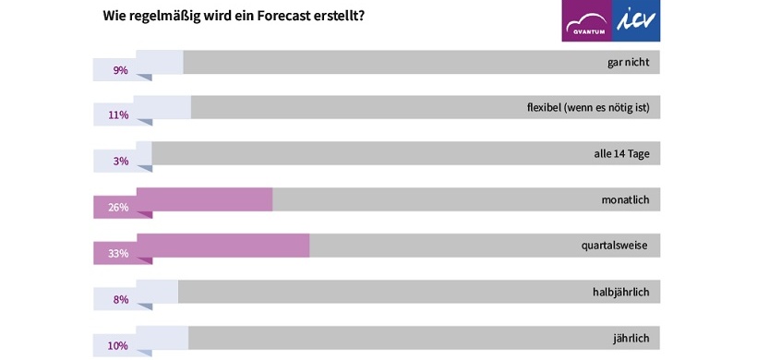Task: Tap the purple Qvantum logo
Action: pyautogui.click(x=586, y=20)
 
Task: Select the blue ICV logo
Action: pyautogui.click(x=636, y=20)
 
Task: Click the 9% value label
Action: pyautogui.click(x=120, y=69)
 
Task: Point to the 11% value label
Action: pyautogui.click(x=118, y=115)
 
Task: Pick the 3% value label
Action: pyautogui.click(x=120, y=162)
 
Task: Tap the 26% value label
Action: pyautogui.click(x=118, y=208)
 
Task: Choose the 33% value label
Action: pyautogui.click(x=118, y=254)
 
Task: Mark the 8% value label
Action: pyautogui.click(x=120, y=300)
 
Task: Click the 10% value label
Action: pyautogui.click(x=118, y=346)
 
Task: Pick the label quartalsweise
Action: pyautogui.click(x=614, y=246)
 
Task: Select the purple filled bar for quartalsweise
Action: pyautogui.click(x=222, y=246)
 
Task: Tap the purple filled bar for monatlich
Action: pyautogui.click(x=203, y=199)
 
